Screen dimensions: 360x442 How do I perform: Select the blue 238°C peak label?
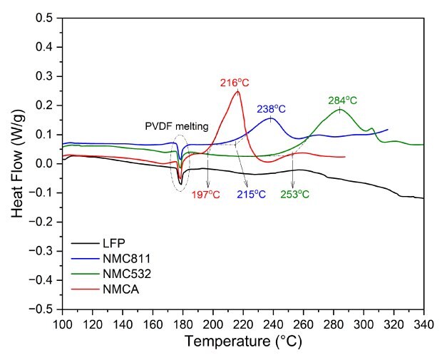271,109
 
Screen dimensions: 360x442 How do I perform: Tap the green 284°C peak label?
343,100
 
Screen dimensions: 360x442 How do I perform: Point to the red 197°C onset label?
207,194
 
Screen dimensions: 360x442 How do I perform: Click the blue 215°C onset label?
250,194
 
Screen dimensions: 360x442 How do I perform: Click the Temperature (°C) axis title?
243,341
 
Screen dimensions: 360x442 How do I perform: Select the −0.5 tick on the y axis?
46,309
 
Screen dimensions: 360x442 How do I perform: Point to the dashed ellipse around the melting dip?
180,163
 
